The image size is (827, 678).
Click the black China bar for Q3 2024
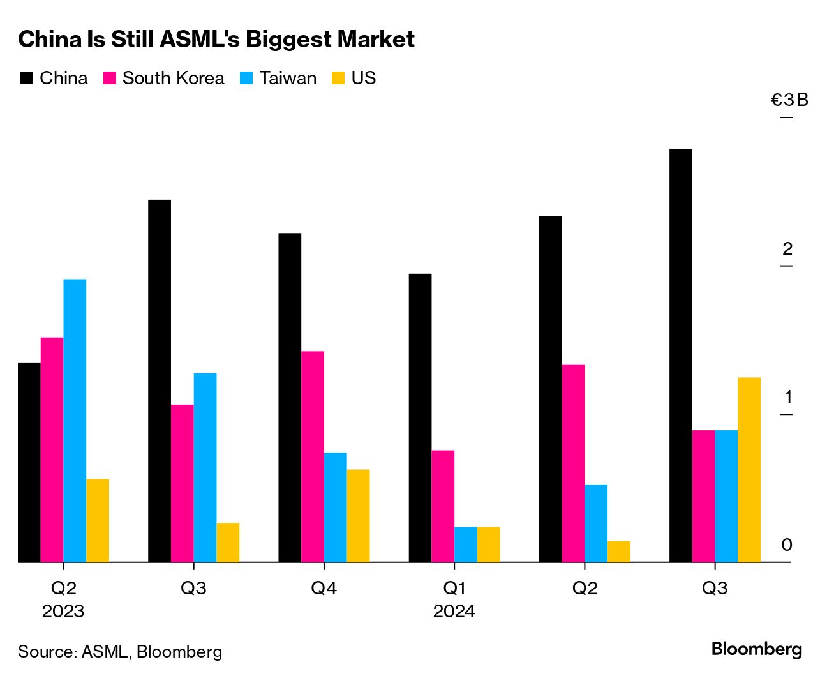(x=680, y=355)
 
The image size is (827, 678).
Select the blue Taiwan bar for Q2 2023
(x=75, y=421)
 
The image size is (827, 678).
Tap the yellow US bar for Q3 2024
(x=749, y=470)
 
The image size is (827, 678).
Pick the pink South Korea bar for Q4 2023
(x=313, y=456)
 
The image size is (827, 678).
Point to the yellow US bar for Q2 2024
(x=618, y=552)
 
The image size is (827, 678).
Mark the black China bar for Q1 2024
(x=420, y=418)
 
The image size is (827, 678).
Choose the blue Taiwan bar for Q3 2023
(x=205, y=467)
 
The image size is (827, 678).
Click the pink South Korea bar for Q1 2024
(x=443, y=506)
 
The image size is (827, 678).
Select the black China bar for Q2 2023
(x=29, y=462)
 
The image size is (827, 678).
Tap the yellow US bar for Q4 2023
(x=358, y=516)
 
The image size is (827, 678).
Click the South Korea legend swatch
(x=110, y=79)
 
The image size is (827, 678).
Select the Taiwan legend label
(x=288, y=79)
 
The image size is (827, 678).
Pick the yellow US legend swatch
(x=338, y=79)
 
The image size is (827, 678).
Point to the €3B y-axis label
(x=789, y=100)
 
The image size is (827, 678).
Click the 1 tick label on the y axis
(x=788, y=397)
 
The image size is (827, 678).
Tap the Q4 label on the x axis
(x=324, y=588)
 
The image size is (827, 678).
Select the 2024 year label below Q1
(x=454, y=612)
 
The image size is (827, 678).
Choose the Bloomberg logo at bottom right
(x=756, y=649)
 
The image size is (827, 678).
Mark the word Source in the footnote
(x=47, y=652)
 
